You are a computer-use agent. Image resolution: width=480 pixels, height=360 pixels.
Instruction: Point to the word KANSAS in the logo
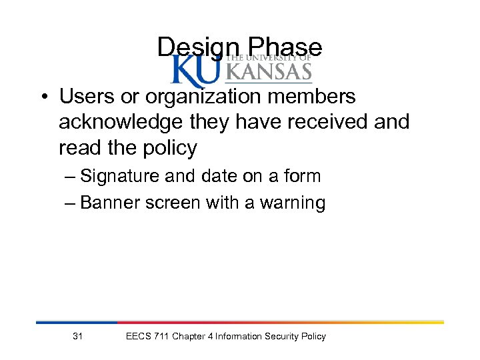269,71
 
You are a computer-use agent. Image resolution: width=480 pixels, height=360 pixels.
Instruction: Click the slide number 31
77,337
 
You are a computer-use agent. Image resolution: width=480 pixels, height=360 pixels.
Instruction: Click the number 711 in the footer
160,337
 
